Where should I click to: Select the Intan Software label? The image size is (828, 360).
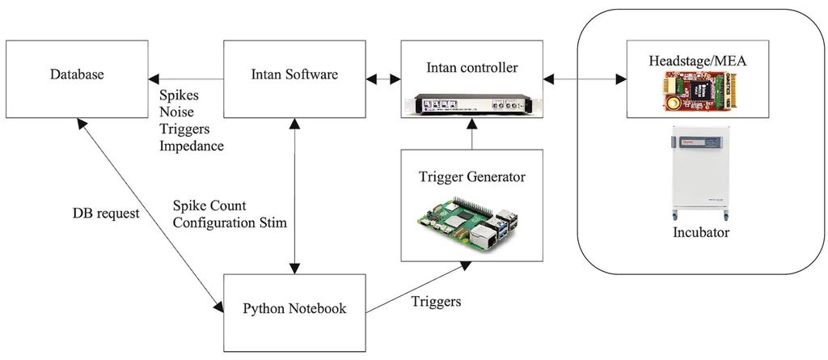click(294, 75)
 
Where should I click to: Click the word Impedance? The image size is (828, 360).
click(192, 146)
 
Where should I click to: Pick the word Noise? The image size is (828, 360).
click(177, 112)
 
